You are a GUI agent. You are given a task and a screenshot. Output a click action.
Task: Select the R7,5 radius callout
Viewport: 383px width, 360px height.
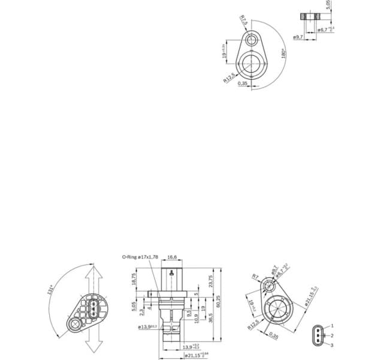(243, 22)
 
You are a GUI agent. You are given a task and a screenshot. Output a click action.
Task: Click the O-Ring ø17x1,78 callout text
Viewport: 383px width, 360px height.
(140, 257)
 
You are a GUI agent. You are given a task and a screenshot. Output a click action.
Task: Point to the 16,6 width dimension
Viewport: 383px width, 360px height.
(172, 257)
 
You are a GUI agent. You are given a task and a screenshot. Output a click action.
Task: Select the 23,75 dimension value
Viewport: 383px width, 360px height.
(210, 281)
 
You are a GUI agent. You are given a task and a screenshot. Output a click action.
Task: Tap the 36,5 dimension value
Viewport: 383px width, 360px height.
(210, 316)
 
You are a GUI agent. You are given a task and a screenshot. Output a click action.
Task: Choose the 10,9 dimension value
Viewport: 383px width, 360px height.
(196, 317)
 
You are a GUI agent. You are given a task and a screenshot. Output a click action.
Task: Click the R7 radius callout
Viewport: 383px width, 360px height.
(255, 277)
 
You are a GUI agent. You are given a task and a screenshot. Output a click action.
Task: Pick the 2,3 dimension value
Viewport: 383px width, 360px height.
(141, 311)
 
